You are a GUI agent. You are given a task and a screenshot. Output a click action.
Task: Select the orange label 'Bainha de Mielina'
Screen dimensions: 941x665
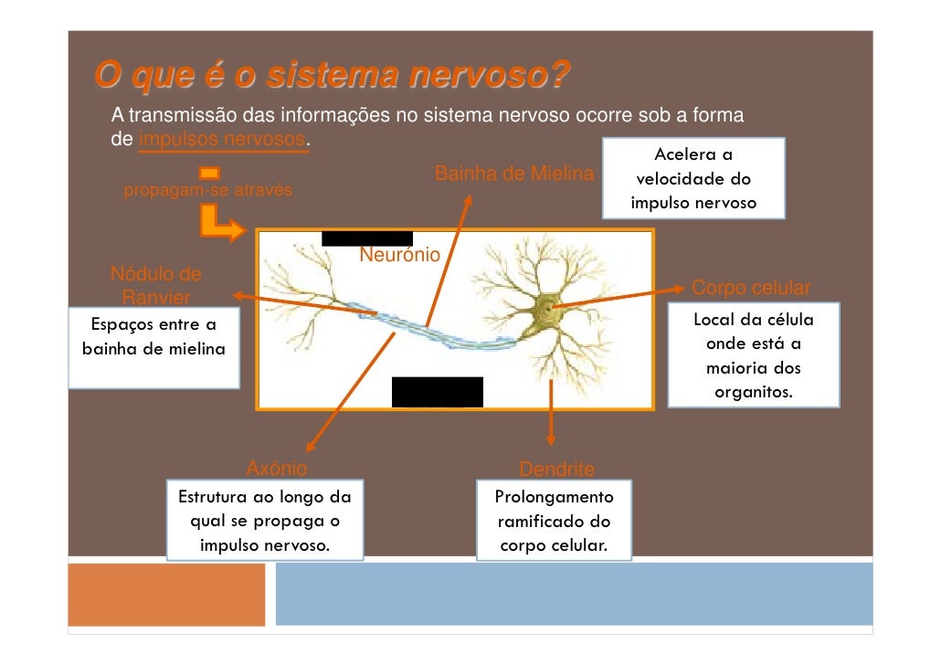click(x=513, y=174)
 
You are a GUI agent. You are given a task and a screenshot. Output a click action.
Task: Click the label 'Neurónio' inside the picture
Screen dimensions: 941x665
click(x=400, y=255)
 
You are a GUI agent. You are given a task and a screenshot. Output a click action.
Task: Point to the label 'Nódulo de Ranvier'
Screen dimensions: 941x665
click(x=156, y=286)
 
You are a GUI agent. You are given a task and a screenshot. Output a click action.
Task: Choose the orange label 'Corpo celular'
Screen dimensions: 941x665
click(x=751, y=289)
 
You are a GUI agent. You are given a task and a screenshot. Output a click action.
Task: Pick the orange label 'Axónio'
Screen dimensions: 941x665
click(x=277, y=469)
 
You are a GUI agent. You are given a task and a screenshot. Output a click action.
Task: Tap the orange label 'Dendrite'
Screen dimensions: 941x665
click(x=556, y=470)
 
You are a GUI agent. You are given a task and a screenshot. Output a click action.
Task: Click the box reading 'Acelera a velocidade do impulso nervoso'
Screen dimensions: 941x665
click(x=693, y=179)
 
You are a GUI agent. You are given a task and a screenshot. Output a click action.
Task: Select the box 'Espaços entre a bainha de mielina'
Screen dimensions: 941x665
click(x=153, y=348)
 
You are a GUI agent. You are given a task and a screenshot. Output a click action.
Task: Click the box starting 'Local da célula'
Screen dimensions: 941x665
click(x=753, y=356)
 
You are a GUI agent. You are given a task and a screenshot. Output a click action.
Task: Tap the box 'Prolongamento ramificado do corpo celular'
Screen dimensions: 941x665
click(x=554, y=522)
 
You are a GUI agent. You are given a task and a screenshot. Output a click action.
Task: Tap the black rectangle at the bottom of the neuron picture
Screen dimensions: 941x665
click(x=437, y=391)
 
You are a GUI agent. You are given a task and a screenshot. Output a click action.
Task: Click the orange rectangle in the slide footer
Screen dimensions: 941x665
click(x=166, y=594)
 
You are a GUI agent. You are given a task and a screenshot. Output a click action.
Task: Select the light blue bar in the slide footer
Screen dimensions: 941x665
click(x=574, y=594)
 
